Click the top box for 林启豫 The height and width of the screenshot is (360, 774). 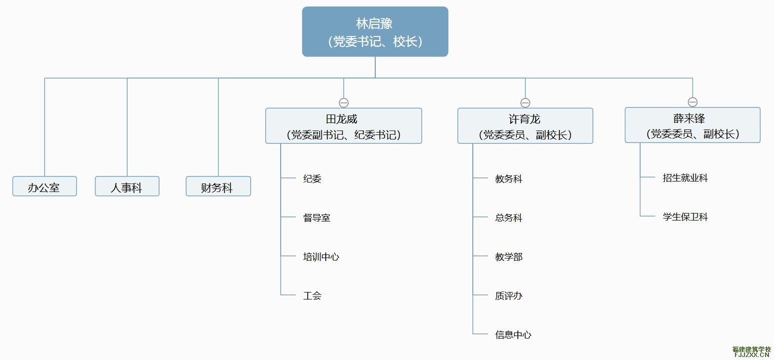pos(375,31)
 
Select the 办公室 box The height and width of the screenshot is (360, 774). pos(45,186)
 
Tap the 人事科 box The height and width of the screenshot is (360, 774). pos(127,186)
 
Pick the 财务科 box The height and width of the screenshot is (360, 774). pos(218,186)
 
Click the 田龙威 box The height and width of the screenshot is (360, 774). pos(343,125)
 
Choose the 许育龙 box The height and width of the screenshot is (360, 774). pos(525,125)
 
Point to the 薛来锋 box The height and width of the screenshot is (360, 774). pos(692,125)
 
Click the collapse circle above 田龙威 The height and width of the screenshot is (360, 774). pos(343,103)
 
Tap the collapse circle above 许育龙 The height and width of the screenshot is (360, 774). pos(525,103)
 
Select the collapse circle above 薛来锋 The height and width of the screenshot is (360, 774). pos(692,102)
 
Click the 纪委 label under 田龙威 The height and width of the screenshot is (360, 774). pos(312,179)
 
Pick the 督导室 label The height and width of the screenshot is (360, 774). pos(317,218)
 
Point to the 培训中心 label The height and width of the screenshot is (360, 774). pos(321,257)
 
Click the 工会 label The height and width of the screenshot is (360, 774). pos(312,296)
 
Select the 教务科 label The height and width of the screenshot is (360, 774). pos(509,179)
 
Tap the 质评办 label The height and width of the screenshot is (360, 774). pos(509,296)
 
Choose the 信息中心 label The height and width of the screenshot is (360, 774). pos(513,335)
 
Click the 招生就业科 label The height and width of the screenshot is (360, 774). pos(685,178)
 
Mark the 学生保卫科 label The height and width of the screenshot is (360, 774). pos(685,217)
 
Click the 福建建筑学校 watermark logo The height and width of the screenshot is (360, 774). pos(751,351)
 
